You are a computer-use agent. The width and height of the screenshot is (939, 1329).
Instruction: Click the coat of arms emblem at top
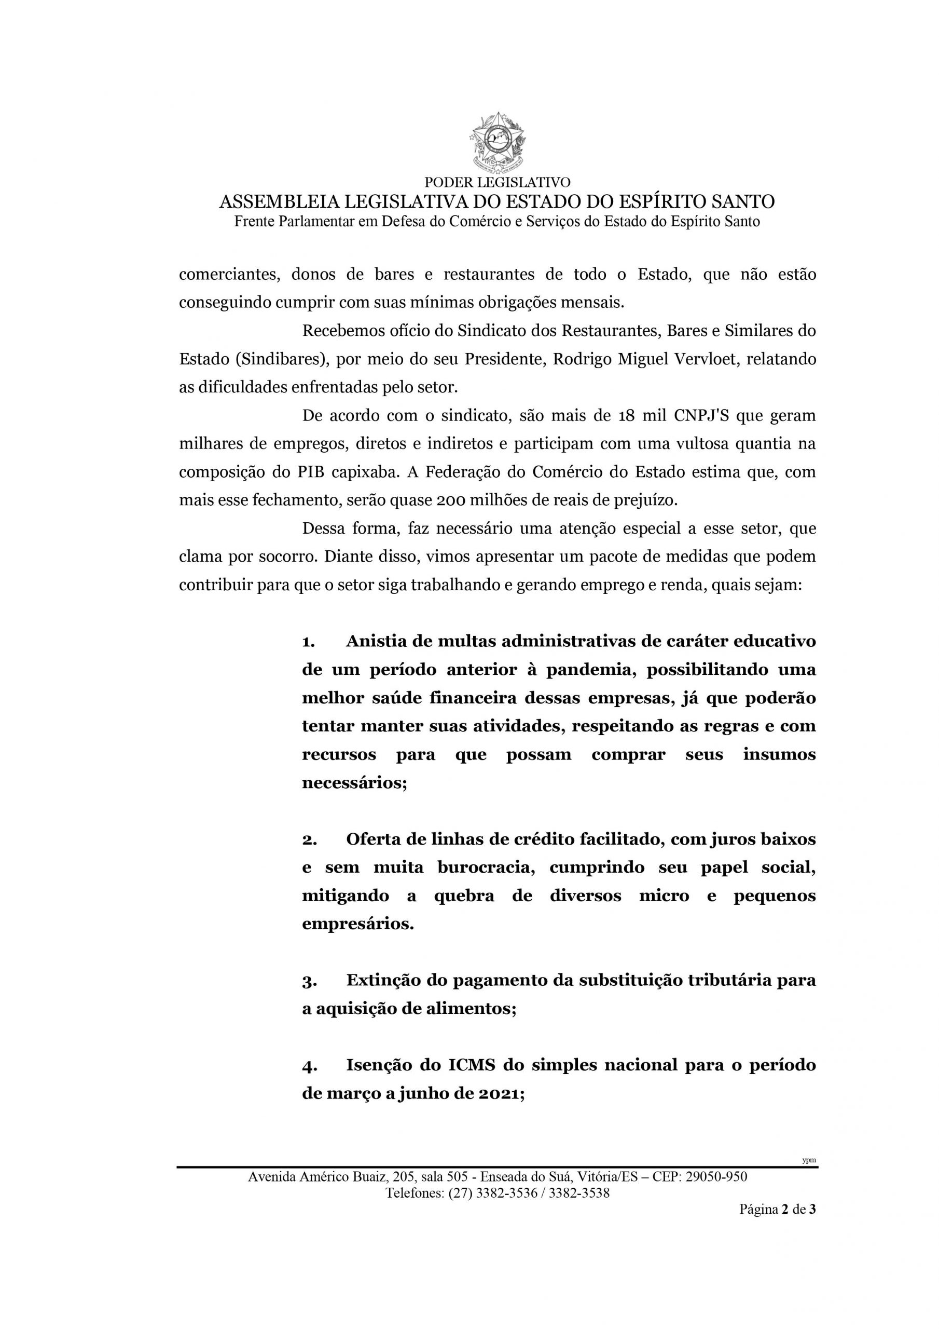(x=497, y=143)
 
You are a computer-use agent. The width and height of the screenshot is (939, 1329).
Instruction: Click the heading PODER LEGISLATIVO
(x=497, y=183)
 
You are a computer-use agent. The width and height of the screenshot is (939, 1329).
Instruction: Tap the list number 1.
(x=308, y=642)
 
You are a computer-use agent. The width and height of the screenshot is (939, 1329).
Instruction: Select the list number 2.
(x=308, y=840)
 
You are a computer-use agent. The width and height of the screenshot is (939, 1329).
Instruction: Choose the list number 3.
(x=308, y=981)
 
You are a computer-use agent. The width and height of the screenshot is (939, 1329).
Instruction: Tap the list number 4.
(x=308, y=1066)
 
